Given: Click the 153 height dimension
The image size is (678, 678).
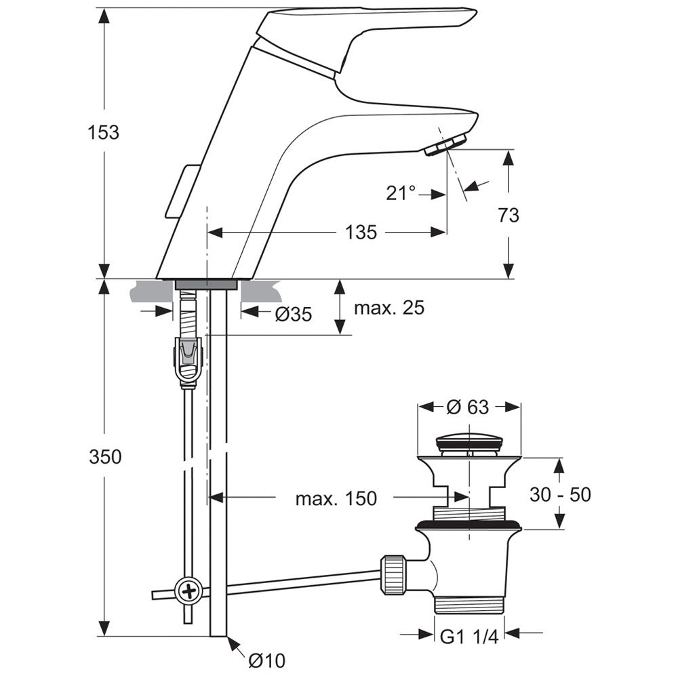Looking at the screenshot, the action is click(x=103, y=132).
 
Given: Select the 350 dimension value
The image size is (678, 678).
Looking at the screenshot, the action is click(x=105, y=456).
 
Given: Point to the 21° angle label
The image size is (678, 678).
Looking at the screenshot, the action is click(x=401, y=193).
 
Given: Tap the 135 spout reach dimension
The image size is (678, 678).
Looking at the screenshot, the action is click(x=361, y=232).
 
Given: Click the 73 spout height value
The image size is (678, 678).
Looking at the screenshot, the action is click(x=509, y=215).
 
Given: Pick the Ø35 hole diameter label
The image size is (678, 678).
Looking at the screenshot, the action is click(x=293, y=315).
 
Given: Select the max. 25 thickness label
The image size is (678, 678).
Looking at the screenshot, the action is click(x=389, y=308).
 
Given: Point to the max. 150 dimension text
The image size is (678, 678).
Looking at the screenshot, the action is click(x=336, y=498).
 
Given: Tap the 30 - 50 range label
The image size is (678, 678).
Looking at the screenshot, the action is click(x=560, y=495).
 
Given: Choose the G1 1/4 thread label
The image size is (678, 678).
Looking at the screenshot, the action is click(x=469, y=637).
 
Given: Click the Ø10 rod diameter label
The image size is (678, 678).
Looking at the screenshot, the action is click(x=266, y=660).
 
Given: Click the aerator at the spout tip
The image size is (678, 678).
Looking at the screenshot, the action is click(x=446, y=144).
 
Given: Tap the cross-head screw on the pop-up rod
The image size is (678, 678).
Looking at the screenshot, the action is click(x=188, y=590).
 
